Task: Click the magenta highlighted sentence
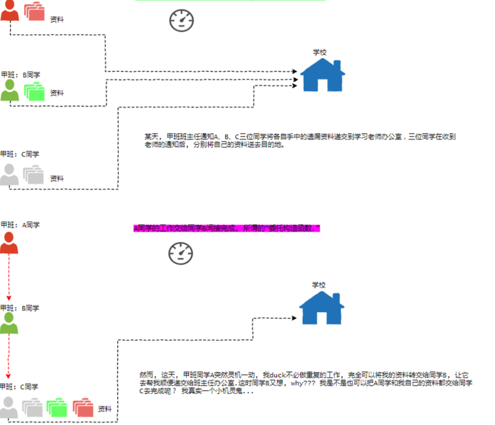[227, 228]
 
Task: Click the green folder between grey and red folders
[56, 408]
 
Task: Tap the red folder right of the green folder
[83, 408]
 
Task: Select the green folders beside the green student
[34, 92]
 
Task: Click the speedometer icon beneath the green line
[181, 20]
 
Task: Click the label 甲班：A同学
[21, 225]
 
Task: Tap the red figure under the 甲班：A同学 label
[9, 243]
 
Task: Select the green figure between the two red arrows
[9, 323]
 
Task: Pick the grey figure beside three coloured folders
[9, 407]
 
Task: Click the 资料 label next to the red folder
[104, 409]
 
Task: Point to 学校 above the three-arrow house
[320, 52]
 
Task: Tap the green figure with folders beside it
[10, 90]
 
